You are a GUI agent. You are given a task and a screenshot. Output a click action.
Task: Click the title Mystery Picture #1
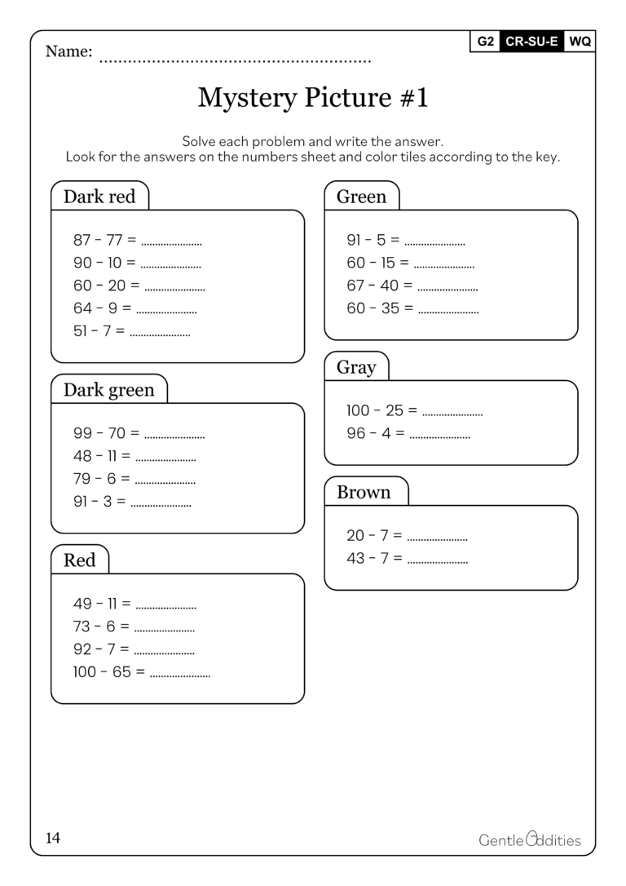[x=313, y=98]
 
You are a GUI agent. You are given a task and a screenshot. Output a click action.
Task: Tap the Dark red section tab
[x=99, y=197]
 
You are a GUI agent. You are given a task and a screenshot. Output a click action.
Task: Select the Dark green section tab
[x=108, y=390]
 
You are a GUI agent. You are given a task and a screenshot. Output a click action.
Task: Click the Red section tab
[x=79, y=560]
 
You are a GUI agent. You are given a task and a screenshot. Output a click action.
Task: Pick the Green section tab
[x=361, y=197]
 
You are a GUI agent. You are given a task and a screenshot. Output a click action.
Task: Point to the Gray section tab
[x=356, y=367]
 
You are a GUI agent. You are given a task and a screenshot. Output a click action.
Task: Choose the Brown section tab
[x=364, y=492]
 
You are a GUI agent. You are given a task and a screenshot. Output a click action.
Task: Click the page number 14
[x=53, y=838]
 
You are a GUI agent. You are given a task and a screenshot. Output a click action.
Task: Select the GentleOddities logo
[x=530, y=839]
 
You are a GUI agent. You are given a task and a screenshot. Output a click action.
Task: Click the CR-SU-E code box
[x=531, y=42]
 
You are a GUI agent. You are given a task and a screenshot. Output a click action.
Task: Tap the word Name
[x=68, y=51]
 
